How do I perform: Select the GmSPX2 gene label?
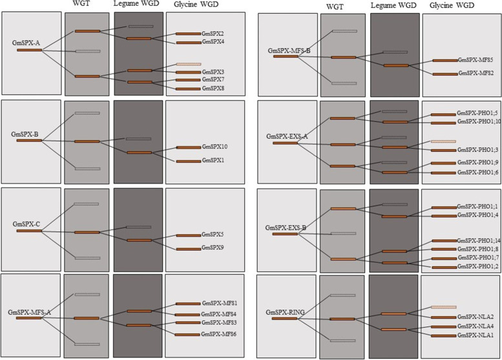point(213,34)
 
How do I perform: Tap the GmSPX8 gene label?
point(213,88)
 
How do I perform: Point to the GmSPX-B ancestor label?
point(26,134)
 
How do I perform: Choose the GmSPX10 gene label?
point(214,147)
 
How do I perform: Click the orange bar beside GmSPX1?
point(188,161)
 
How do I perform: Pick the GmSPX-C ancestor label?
point(26,224)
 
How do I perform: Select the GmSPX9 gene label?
point(213,248)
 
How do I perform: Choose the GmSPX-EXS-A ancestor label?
point(288,136)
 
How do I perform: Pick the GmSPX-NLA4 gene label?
point(476,326)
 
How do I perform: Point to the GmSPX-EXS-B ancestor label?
point(287,228)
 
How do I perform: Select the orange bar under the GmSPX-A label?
point(29,50)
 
